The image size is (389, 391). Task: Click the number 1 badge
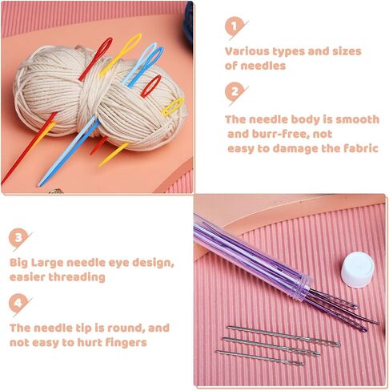point(234,26)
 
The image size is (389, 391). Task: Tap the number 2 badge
point(234,92)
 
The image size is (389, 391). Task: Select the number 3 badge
point(18,237)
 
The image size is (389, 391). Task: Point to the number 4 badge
point(18,303)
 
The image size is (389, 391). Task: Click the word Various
point(247,51)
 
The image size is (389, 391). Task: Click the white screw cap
point(358,271)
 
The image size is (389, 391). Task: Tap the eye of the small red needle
point(151,86)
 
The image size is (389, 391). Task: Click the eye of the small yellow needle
point(173,107)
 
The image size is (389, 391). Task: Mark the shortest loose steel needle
point(260,358)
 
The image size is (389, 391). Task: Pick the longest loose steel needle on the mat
point(284,336)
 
